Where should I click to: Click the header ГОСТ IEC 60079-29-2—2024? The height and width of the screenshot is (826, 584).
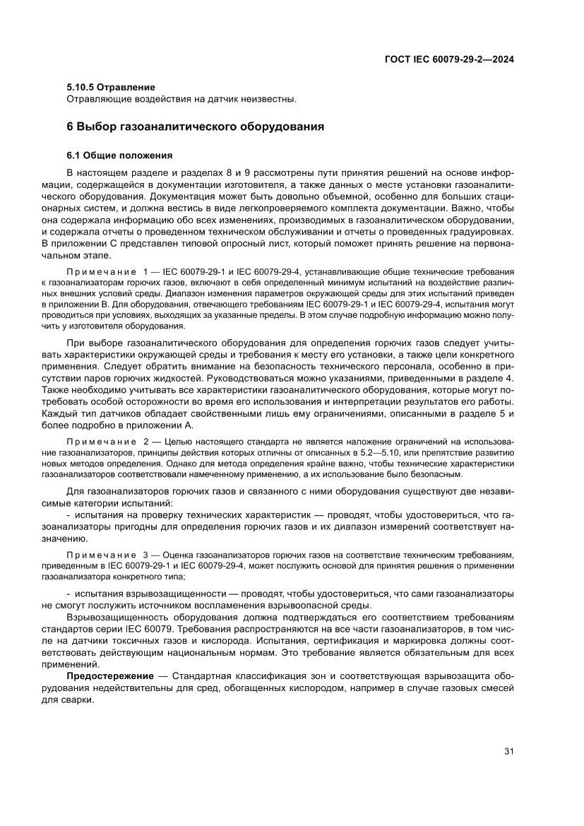tap(448, 60)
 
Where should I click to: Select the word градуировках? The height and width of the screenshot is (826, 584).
tap(479, 232)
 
